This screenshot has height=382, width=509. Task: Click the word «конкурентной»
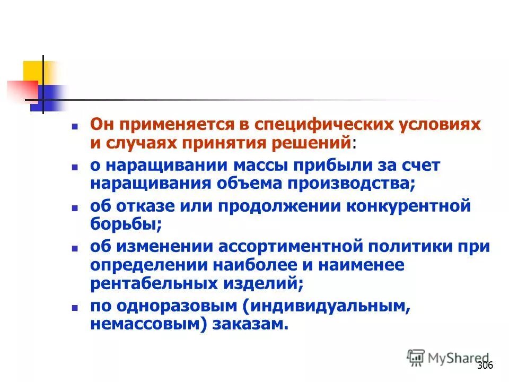click(x=408, y=206)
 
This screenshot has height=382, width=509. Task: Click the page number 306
click(x=485, y=365)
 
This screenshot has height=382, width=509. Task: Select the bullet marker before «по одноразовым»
click(x=76, y=307)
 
